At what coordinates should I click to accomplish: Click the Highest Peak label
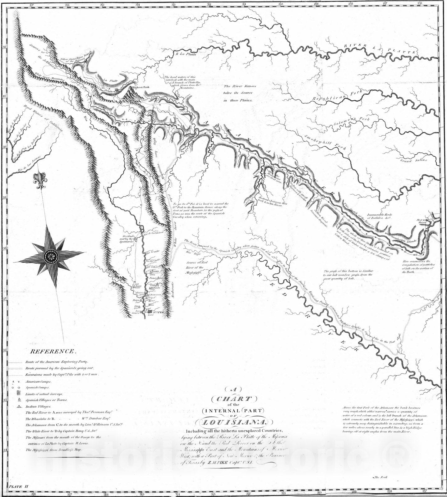coord(141,87)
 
